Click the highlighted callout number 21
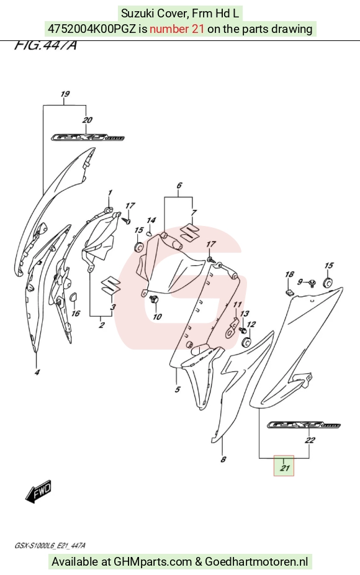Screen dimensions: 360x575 284,468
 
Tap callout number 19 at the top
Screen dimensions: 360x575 65,94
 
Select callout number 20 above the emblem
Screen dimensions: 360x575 87,120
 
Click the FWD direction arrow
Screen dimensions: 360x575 38,491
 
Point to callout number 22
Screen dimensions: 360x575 310,440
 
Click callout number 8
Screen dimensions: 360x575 223,459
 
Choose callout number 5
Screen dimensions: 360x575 178,389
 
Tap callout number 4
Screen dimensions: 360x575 37,373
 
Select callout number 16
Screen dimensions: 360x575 76,313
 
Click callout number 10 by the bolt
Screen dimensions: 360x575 157,316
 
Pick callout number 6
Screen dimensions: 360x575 179,185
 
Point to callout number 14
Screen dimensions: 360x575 151,220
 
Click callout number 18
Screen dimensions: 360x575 290,274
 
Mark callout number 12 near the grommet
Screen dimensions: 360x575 251,324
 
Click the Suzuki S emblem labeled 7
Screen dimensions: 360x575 189,232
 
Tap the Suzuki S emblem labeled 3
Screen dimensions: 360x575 111,284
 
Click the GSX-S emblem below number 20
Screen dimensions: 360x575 88,137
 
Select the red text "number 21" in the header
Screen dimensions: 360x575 177,29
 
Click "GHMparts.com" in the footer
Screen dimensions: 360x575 153,561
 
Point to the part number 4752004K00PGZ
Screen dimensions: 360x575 92,29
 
